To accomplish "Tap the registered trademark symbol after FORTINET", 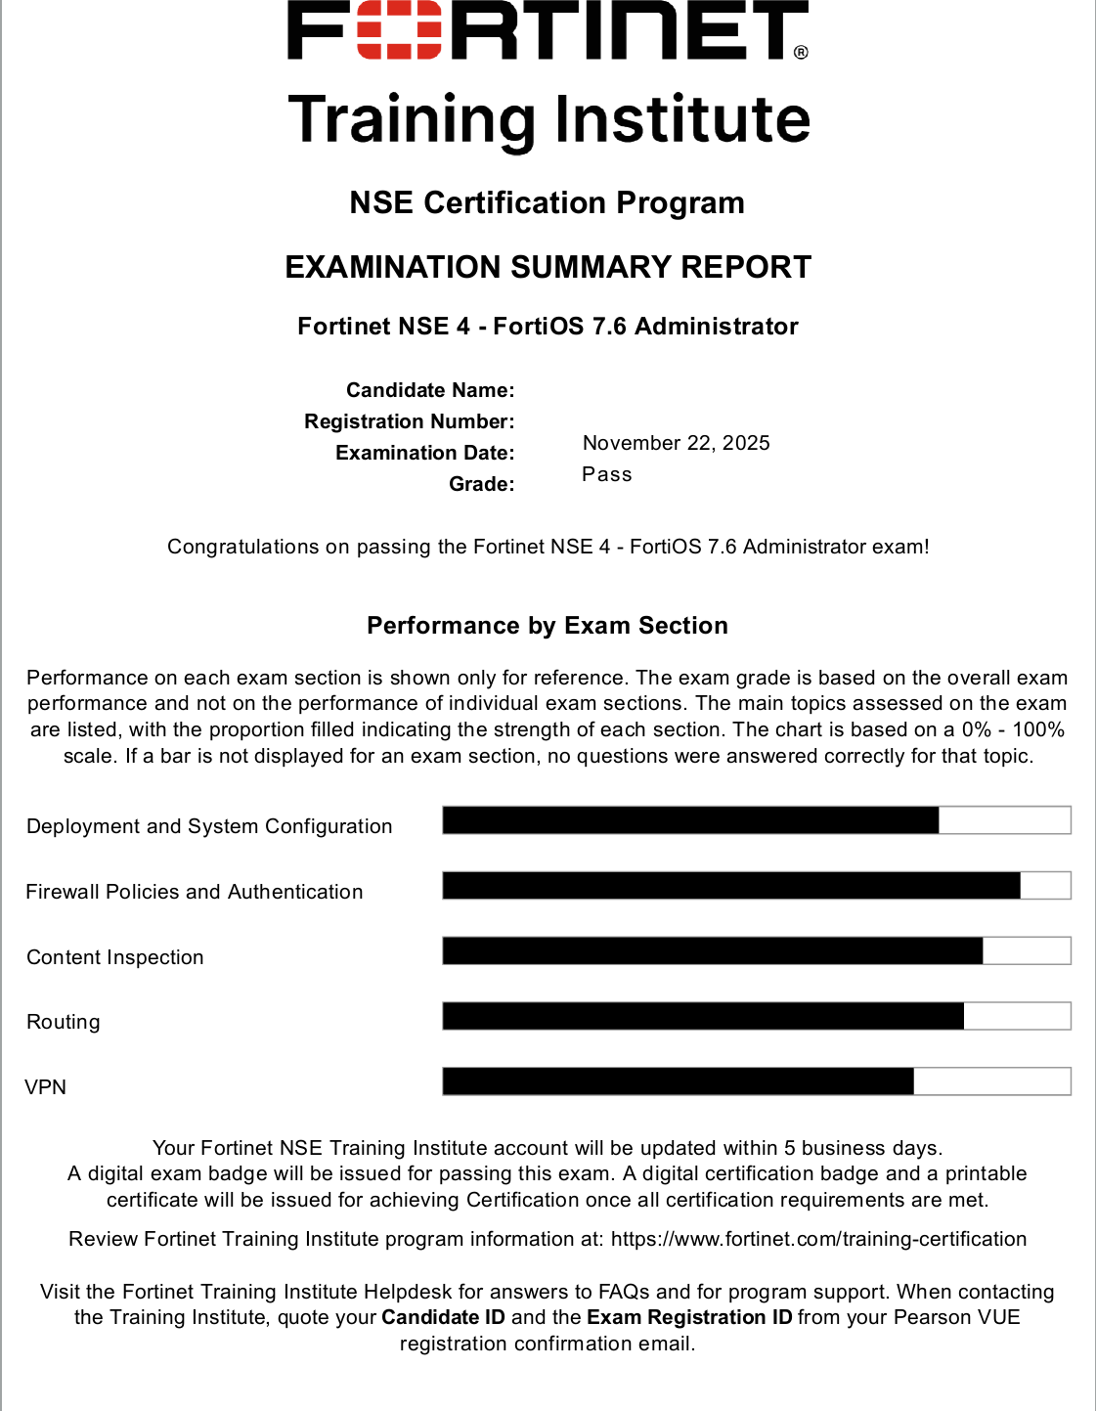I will (x=801, y=52).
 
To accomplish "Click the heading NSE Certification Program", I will (x=548, y=202).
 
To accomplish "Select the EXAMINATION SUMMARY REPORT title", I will (x=548, y=267).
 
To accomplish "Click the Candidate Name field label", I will (x=430, y=390).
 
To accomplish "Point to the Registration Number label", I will (x=409, y=421).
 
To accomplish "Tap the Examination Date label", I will (x=424, y=453).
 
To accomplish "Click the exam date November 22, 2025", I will (x=676, y=443).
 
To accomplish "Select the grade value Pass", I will (x=607, y=474).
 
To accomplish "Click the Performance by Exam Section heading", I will (x=548, y=626).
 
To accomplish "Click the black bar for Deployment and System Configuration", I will (x=690, y=820).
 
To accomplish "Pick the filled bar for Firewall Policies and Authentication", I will (x=731, y=886).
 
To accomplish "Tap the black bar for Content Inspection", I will (x=713, y=950).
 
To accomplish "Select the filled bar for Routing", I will (x=703, y=1016).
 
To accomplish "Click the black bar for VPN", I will (x=678, y=1081).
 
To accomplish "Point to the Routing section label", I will (x=64, y=1022).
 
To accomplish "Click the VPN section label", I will (x=46, y=1087).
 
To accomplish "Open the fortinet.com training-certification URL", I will (x=818, y=1239).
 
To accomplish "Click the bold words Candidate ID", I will (x=443, y=1317).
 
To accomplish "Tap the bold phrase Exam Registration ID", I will (x=689, y=1317).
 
